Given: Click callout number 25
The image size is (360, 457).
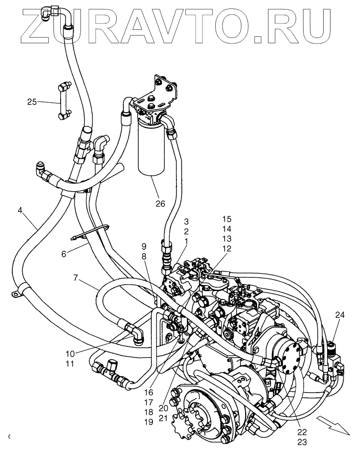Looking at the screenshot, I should tap(32, 102).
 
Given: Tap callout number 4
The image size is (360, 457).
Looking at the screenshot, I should tap(21, 210).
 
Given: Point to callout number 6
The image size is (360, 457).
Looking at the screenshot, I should tap(64, 253).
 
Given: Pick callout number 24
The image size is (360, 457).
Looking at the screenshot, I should tap(340, 315).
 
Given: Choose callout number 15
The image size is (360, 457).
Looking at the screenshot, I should tap(227, 219).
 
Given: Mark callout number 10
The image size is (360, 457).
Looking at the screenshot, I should tap(70, 354).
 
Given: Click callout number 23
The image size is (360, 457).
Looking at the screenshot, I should tap(302, 442).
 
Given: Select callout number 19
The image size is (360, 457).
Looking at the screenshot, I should tap(149, 422).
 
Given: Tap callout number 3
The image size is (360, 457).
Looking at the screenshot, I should tap(187, 221).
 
